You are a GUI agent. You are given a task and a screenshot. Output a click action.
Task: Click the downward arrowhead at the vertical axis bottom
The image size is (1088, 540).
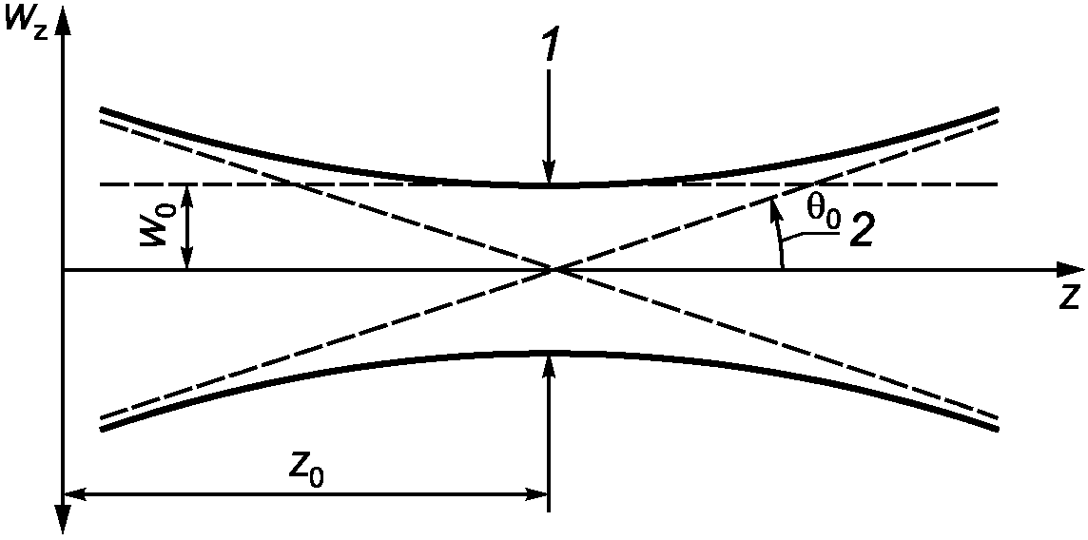(x=63, y=521)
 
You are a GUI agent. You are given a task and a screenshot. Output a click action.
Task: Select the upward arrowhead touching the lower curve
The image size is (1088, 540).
(x=550, y=366)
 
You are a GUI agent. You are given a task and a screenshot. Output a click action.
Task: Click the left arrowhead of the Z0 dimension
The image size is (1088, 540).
(x=76, y=494)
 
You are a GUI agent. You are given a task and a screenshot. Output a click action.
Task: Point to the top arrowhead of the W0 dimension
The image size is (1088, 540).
(x=186, y=197)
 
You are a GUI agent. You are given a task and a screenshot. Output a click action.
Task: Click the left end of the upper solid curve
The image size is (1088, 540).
(x=102, y=109)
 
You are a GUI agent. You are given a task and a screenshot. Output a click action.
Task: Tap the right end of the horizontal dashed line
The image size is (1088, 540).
(x=996, y=185)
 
